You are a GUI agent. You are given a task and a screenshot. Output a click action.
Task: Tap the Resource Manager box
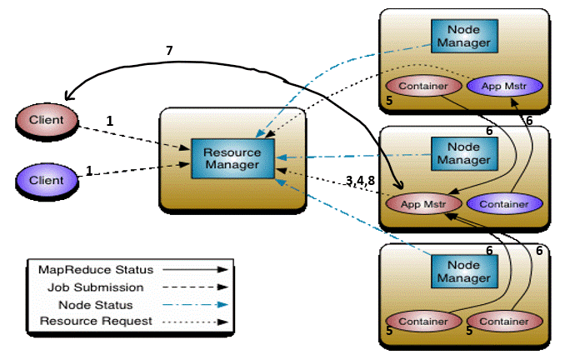[232, 159]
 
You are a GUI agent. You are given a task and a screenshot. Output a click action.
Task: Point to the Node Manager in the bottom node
[460, 270]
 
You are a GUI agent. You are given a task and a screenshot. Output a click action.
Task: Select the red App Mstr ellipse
[420, 203]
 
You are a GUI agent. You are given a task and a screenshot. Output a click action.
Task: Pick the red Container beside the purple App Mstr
[420, 86]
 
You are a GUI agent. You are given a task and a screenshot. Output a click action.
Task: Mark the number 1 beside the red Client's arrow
[109, 121]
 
